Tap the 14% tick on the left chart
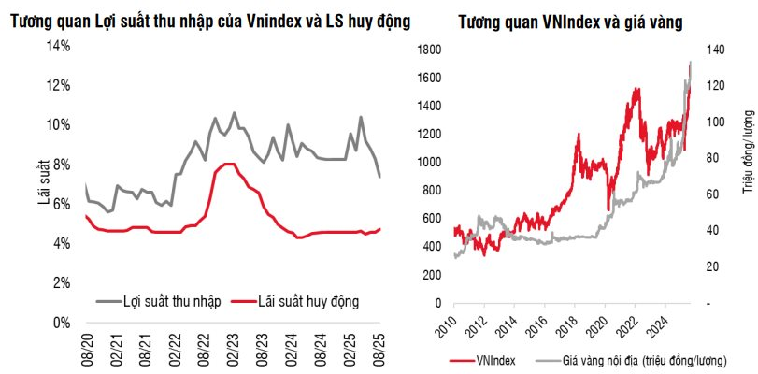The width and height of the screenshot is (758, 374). pos(58,46)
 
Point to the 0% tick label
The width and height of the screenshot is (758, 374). pos(61,323)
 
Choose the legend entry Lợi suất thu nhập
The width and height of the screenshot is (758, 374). pos(159,300)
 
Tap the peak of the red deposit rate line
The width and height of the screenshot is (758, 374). pos(226,165)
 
